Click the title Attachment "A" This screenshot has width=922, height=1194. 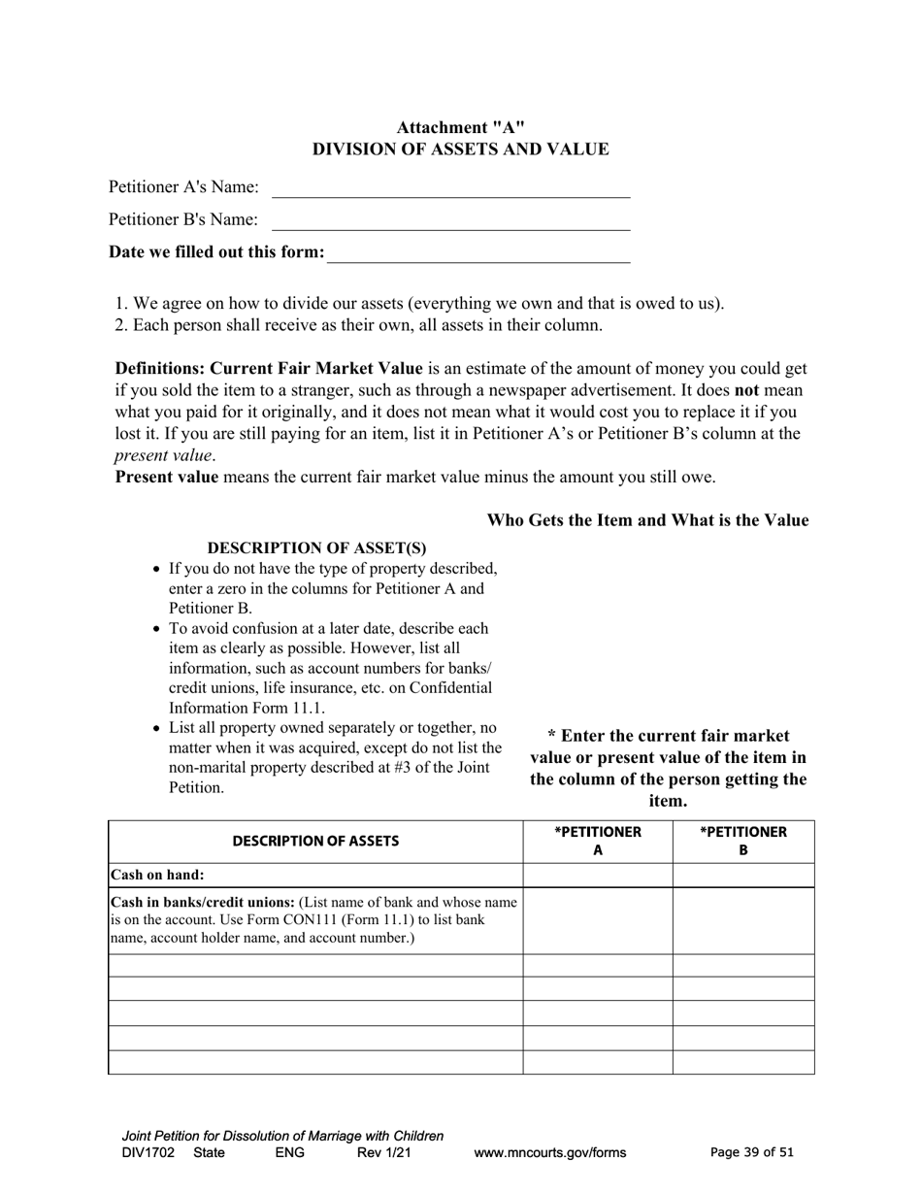click(x=460, y=127)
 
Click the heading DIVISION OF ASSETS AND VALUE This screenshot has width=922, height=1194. click(x=460, y=149)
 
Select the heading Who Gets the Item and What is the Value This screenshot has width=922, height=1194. click(x=647, y=520)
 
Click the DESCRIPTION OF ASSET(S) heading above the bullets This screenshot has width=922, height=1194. click(x=316, y=548)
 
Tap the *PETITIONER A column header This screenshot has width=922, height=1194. click(x=597, y=841)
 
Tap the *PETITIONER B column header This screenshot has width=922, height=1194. click(x=742, y=841)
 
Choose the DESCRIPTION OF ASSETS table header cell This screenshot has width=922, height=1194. click(x=315, y=842)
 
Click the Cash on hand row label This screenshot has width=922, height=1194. click(x=157, y=875)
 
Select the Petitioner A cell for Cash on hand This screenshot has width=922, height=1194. click(x=597, y=875)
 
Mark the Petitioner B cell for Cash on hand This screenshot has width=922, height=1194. click(x=742, y=875)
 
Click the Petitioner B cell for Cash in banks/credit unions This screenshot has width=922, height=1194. click(x=742, y=920)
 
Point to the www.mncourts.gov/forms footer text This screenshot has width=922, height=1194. click(x=549, y=1153)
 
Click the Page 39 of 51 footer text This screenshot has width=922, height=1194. click(x=751, y=1153)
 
